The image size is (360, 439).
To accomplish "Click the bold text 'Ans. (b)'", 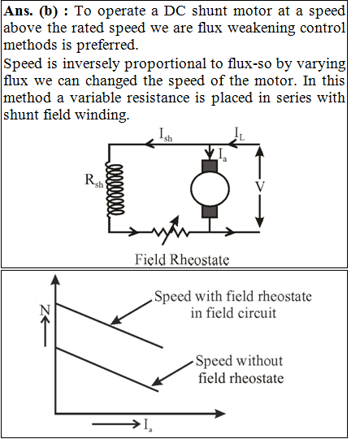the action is pyautogui.click(x=31, y=11).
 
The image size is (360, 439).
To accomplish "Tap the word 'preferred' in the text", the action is pyautogui.click(x=107, y=46).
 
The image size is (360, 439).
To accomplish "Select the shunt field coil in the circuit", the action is pyautogui.click(x=115, y=190).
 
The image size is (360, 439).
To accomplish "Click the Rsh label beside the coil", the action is pyautogui.click(x=93, y=180).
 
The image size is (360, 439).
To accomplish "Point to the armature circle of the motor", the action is pyautogui.click(x=210, y=189).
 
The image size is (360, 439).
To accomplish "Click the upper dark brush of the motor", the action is pyautogui.click(x=210, y=166).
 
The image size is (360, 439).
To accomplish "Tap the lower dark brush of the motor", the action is pyautogui.click(x=210, y=211).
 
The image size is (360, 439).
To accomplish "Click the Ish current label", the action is pyautogui.click(x=166, y=135).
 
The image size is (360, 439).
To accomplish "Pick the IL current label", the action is pyautogui.click(x=239, y=133).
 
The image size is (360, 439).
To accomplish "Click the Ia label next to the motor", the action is pyautogui.click(x=223, y=154).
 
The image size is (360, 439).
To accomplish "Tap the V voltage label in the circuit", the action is pyautogui.click(x=260, y=187).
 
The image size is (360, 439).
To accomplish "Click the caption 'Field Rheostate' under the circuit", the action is pyautogui.click(x=182, y=259).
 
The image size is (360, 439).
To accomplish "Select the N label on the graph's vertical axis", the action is pyautogui.click(x=45, y=310).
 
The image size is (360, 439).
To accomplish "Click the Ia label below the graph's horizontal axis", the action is pyautogui.click(x=148, y=425).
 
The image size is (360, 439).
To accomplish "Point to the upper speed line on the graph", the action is pyautogui.click(x=109, y=325).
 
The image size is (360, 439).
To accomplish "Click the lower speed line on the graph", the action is pyautogui.click(x=107, y=369).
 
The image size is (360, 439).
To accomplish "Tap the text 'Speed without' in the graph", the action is pyautogui.click(x=239, y=361).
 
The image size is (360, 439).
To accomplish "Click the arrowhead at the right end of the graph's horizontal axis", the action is pyautogui.click(x=220, y=414).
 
